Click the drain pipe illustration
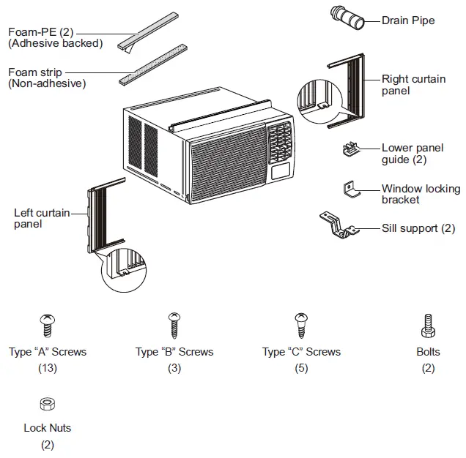pos(348,18)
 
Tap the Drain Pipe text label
pos(407,20)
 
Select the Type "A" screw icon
pos(48,324)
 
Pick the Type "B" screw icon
pos(174,324)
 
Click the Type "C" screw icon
pos(301,324)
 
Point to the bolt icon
pos(428,324)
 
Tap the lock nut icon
pos(48,403)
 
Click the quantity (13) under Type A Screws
pos(48,368)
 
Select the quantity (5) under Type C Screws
pos(301,368)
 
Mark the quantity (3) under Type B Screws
pos(174,368)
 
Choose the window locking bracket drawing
pos(352,191)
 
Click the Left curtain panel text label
pos(42,218)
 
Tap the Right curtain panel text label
pos(413,85)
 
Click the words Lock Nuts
pos(48,428)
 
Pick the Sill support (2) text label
pos(418,228)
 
